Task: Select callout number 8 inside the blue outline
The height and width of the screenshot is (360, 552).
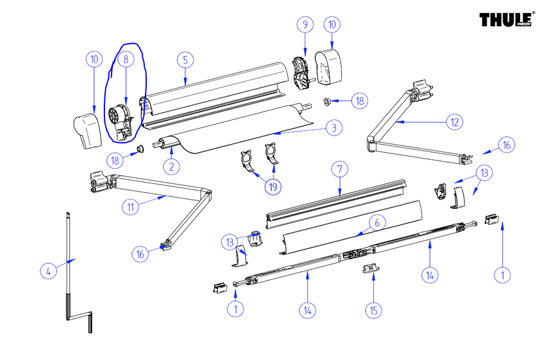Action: pos(127,59)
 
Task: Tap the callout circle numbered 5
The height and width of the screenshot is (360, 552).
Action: pos(185,59)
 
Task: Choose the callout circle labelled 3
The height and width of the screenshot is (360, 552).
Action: pos(333,128)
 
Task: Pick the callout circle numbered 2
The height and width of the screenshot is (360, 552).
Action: pos(171,166)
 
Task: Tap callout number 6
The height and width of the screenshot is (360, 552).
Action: pos(375,222)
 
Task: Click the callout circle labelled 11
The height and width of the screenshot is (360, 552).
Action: pos(131,207)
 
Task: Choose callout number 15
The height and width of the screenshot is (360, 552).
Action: pos(373,310)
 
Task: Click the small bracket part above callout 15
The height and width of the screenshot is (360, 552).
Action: pos(370,269)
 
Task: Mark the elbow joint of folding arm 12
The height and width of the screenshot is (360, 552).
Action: pos(372,140)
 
